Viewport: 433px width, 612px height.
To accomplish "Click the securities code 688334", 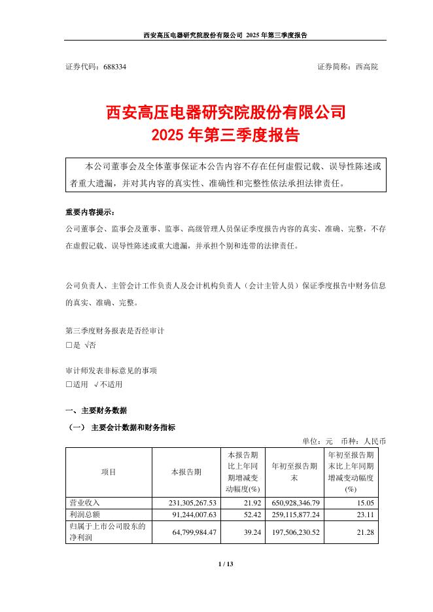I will pos(114,67).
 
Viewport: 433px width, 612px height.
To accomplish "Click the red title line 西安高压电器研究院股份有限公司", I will pos(226,112).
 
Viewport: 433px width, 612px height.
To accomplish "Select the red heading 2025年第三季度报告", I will pos(226,135).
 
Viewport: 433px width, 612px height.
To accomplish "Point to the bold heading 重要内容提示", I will pos(90,213).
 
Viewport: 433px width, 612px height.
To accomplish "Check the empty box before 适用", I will pos(69,384).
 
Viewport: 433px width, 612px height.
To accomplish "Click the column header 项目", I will pos(109,471).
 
